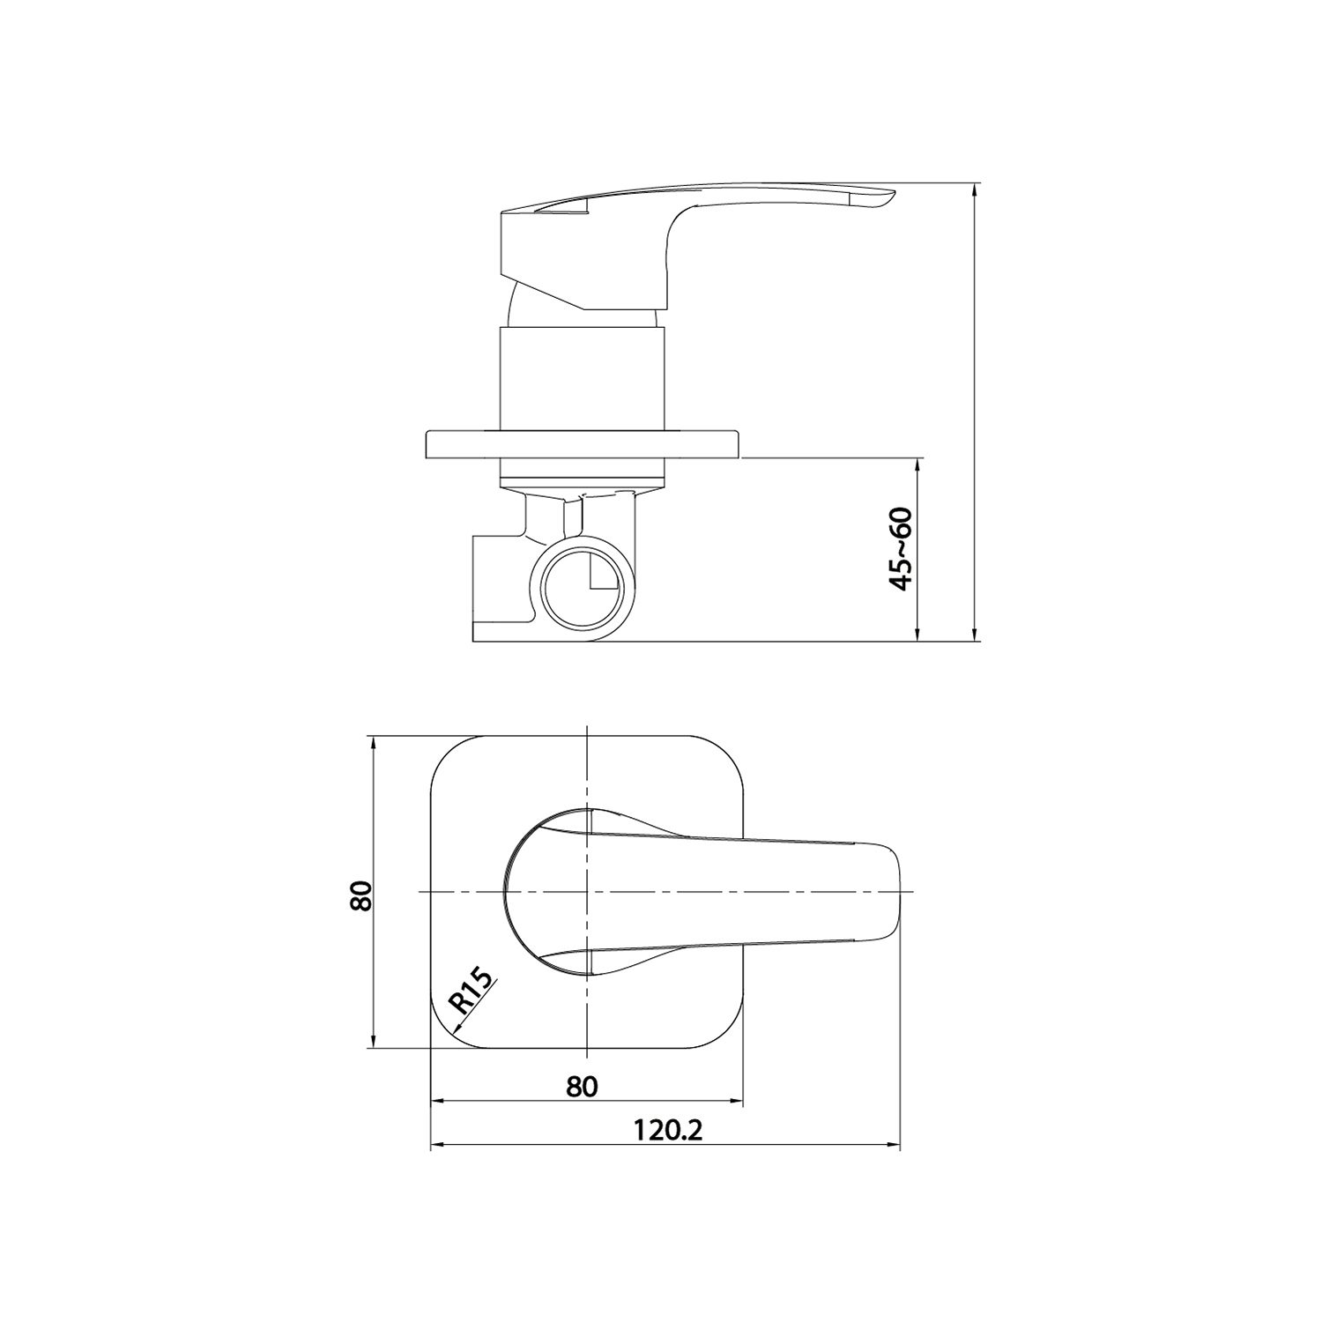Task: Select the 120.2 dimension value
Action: click(x=667, y=1130)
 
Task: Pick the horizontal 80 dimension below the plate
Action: click(x=582, y=1086)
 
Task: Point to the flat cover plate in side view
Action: click(x=583, y=444)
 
